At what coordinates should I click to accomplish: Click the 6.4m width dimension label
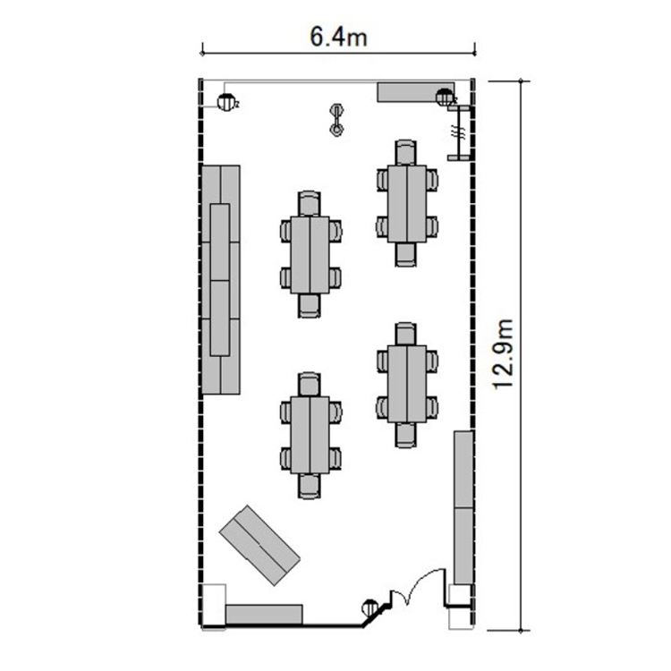point(338,37)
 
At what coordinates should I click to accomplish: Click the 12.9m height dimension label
point(503,354)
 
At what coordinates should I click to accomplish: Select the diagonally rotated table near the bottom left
point(259,545)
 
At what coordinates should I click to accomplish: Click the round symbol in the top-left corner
point(225,102)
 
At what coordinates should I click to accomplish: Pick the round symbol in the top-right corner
point(444,98)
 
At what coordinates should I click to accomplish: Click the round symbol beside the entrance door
point(370,607)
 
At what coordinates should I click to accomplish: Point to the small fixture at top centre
point(337,120)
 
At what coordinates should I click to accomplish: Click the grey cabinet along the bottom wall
point(264,615)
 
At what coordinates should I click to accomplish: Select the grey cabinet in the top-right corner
point(415,92)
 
